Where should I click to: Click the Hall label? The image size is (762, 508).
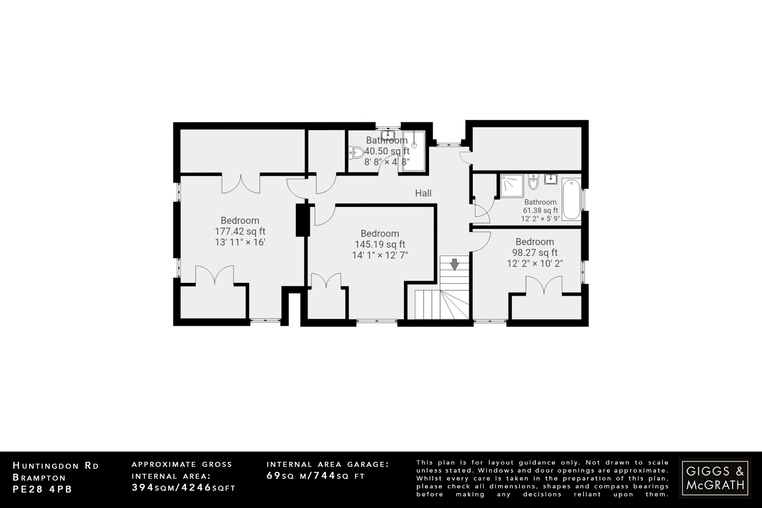tap(423, 193)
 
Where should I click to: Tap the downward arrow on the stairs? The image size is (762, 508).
tap(454, 264)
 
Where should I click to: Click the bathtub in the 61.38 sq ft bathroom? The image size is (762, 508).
tap(571, 199)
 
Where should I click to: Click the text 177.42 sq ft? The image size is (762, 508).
tap(240, 231)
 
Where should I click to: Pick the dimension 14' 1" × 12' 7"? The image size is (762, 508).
tap(380, 255)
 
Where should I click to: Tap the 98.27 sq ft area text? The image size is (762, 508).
tap(535, 253)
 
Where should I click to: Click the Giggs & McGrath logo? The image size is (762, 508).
tap(715, 478)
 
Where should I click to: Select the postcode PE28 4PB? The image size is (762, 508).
tap(42, 489)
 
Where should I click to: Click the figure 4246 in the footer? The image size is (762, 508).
tap(196, 488)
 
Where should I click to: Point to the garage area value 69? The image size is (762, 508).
tap(274, 476)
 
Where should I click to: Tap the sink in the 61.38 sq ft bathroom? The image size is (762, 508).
tap(551, 179)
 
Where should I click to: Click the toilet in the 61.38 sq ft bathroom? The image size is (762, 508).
tap(533, 182)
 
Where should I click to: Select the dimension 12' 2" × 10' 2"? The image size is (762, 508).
tap(535, 263)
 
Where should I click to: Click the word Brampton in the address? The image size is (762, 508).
tap(39, 477)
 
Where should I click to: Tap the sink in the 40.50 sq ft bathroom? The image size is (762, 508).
tap(387, 134)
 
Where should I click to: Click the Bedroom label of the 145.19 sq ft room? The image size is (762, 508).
tap(380, 234)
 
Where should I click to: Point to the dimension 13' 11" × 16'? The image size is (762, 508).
tap(240, 242)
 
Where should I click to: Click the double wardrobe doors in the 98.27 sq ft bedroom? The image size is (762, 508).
tap(544, 285)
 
